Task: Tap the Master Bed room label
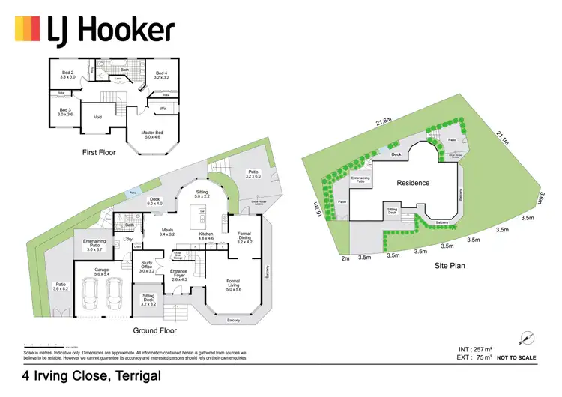coord(154,134)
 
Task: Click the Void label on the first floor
coord(97,117)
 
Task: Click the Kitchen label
coord(206,236)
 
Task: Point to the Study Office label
coord(147,267)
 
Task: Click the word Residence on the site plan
coord(413,183)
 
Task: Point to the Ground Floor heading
coord(154,330)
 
